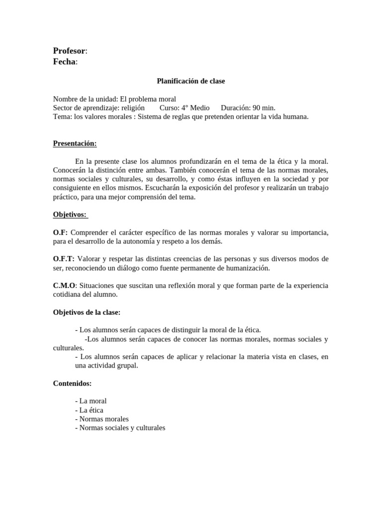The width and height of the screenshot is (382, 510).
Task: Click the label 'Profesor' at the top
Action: (69, 51)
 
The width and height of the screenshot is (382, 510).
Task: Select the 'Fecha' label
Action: (64, 61)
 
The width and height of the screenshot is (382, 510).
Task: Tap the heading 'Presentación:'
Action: (75, 143)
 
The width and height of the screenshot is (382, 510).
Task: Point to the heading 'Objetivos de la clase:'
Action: (87, 312)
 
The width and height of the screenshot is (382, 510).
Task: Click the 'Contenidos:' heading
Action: (72, 383)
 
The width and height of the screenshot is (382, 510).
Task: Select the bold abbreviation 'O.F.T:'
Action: (64, 259)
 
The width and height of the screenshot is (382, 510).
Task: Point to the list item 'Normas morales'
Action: (104, 419)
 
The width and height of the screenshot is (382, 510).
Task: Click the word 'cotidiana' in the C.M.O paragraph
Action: (68, 294)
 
